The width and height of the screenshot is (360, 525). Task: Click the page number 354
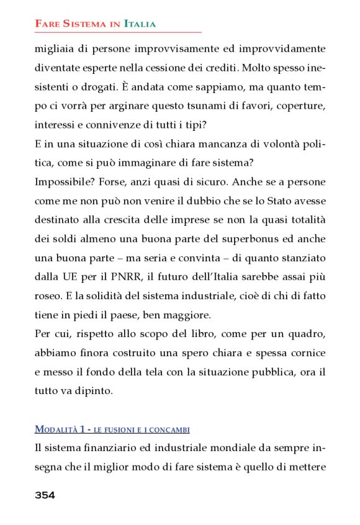(45, 495)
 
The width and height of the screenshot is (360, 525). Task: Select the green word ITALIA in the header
(140, 24)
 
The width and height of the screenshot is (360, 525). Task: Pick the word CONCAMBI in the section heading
(169, 429)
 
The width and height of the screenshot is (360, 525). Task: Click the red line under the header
(118, 32)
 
